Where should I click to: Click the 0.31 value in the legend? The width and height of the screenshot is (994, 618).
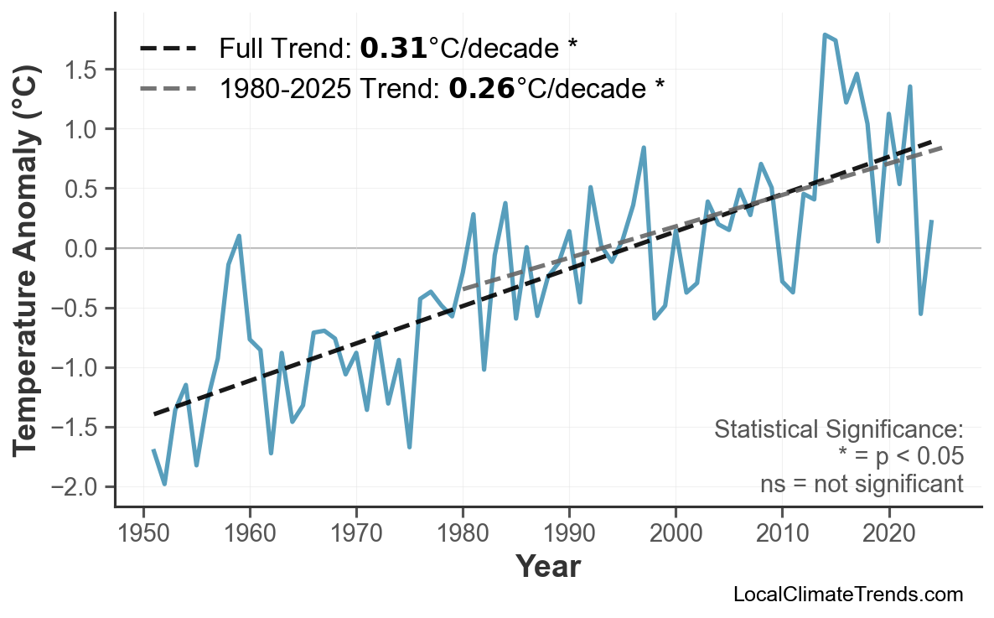[393, 49]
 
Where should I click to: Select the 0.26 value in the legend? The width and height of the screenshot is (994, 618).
[482, 87]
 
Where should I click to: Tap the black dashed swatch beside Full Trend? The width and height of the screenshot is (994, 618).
[168, 49]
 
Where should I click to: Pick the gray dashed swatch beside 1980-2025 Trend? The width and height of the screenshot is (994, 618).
[168, 87]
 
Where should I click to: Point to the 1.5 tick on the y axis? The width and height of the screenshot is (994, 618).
[84, 69]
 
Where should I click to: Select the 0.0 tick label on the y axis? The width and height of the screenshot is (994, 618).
[84, 248]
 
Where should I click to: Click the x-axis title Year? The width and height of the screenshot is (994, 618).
[547, 567]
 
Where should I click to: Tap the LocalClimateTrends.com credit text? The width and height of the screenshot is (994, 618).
[847, 595]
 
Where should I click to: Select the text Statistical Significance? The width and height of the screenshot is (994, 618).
[838, 430]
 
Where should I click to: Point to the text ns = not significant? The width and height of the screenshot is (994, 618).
[861, 484]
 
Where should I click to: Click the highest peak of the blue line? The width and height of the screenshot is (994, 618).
[825, 34]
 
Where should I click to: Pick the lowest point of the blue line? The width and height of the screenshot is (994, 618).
[164, 484]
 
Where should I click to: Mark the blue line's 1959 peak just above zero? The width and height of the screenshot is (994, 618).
[239, 236]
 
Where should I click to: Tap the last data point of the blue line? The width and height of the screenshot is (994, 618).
[932, 221]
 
